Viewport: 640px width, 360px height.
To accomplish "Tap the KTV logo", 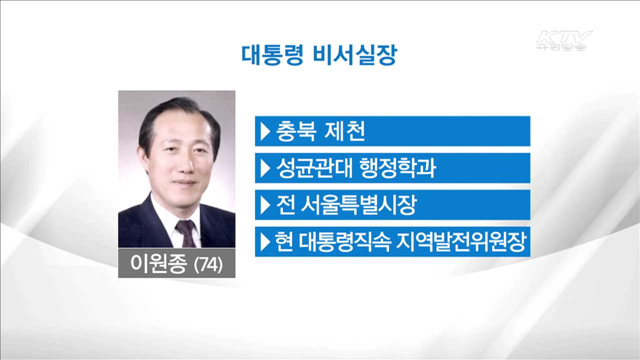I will (563, 40).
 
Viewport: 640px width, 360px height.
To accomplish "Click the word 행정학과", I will (398, 168).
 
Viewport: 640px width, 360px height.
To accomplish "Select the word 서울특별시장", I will (359, 205).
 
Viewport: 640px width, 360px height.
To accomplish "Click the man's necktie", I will (185, 233).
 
